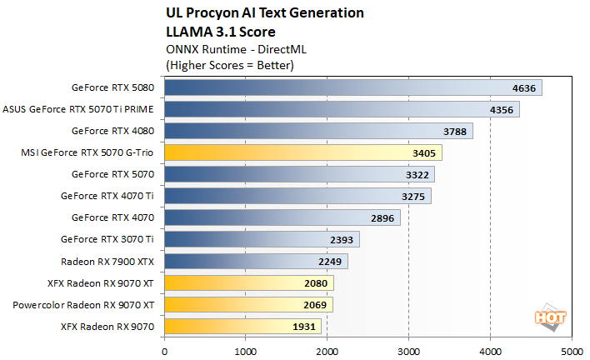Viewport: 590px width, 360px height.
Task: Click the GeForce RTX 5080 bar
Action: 350,87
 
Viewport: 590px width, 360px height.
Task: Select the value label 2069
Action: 316,305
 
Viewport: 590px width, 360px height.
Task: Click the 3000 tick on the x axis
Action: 409,351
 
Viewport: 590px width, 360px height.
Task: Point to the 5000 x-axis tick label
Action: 572,351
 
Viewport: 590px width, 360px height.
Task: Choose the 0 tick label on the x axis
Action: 165,351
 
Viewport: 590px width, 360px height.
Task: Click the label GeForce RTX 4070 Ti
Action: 107,196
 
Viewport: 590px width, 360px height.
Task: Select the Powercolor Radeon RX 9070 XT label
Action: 83,305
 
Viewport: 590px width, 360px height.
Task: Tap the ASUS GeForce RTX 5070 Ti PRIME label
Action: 79,108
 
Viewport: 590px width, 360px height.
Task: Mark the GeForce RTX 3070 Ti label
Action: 107,239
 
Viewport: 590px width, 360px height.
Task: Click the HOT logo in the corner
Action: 546,318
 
